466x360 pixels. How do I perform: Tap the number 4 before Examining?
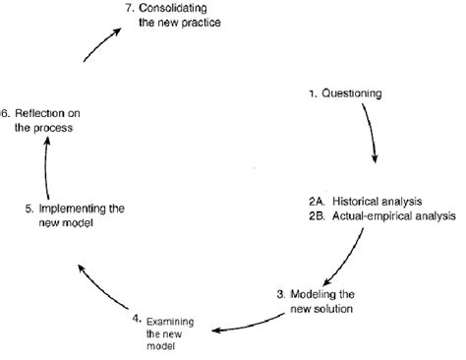click(139, 318)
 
